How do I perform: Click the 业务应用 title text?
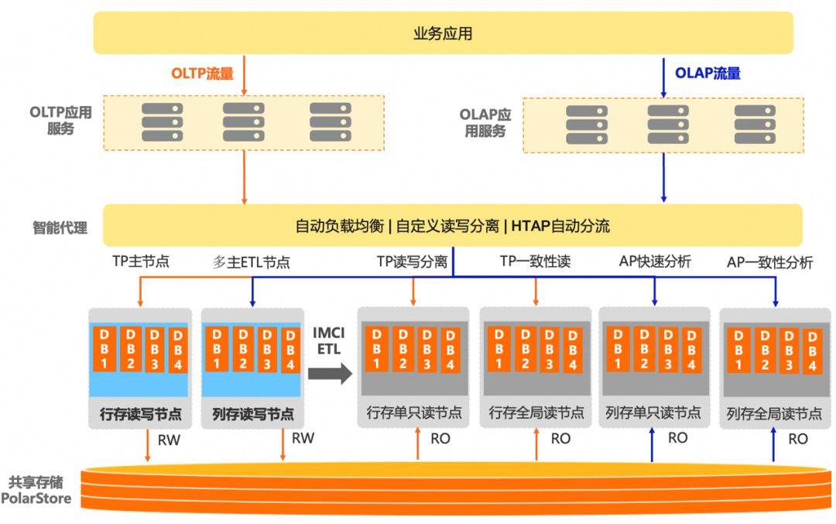[x=443, y=33]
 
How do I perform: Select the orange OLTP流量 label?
[x=201, y=74]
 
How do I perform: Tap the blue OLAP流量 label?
[x=708, y=73]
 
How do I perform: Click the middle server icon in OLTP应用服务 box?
[x=244, y=122]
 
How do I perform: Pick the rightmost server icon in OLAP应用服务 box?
[x=755, y=125]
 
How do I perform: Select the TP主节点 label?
[x=140, y=262]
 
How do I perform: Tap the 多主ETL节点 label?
[x=252, y=262]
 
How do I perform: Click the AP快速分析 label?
[x=655, y=262]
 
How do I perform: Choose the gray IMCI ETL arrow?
[x=329, y=374]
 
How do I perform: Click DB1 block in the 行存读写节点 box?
[x=104, y=348]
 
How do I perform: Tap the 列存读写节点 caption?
[x=252, y=413]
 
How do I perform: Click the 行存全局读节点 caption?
[x=536, y=413]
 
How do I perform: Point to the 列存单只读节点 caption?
[x=653, y=413]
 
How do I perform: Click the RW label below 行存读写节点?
[x=171, y=440]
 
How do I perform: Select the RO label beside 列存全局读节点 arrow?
[x=797, y=439]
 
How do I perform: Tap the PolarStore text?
[x=36, y=498]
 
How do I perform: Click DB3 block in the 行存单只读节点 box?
[x=426, y=348]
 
